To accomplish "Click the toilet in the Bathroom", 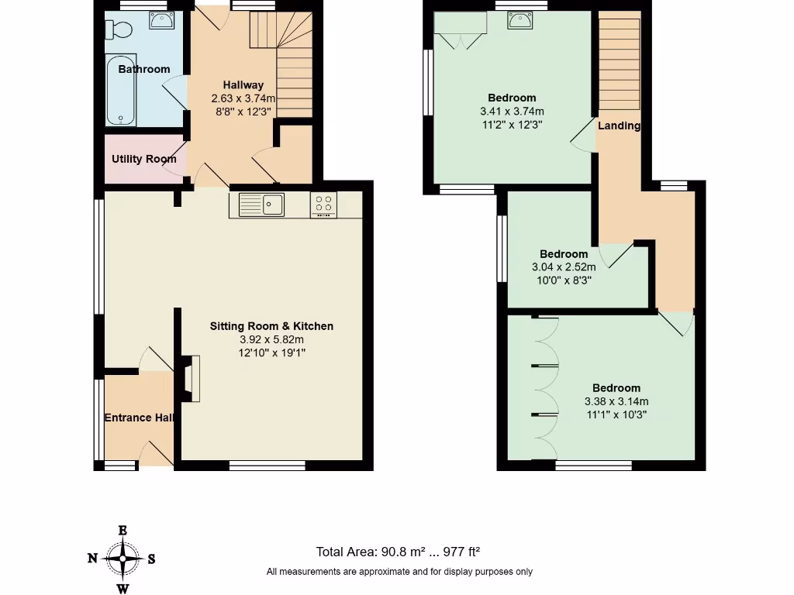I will (120, 29).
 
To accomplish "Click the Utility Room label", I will (144, 159).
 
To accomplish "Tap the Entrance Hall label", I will (139, 418).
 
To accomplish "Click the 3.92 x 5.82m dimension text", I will (271, 339).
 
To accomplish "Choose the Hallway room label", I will (243, 85).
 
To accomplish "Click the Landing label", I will (619, 126).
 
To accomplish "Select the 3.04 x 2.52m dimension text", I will (564, 267).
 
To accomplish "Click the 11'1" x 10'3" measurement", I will (616, 414).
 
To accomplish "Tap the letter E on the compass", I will (123, 531).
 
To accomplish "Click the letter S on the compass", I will (151, 558).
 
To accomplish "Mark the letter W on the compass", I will (123, 588).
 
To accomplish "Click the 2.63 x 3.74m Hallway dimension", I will (243, 98).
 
